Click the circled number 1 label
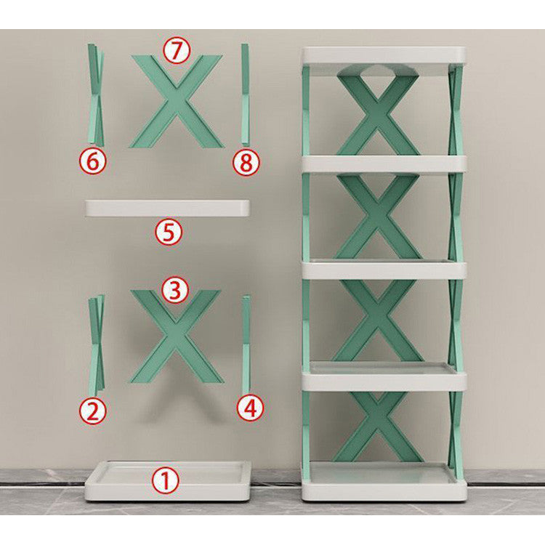pos(167,480)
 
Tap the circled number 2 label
pos(93,411)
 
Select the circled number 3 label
pos(174,290)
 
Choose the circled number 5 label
pos(169,233)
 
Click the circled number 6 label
pos(92,161)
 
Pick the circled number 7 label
pos(176,51)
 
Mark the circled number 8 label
pos(246,163)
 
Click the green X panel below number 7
pos(176,102)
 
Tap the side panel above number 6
pos(95,94)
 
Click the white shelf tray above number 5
pos(167,208)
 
